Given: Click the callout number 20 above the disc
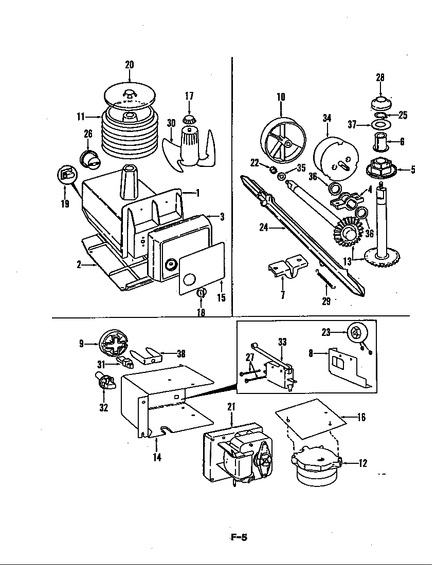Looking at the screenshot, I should pos(129,65).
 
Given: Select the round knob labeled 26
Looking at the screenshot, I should pos(90,157).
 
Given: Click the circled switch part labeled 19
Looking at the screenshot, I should pos(66,176).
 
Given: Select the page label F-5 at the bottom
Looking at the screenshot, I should pos(238,538).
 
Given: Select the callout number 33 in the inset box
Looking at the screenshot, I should pos(282,341).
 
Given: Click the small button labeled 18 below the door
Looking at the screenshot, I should pos(201,293).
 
